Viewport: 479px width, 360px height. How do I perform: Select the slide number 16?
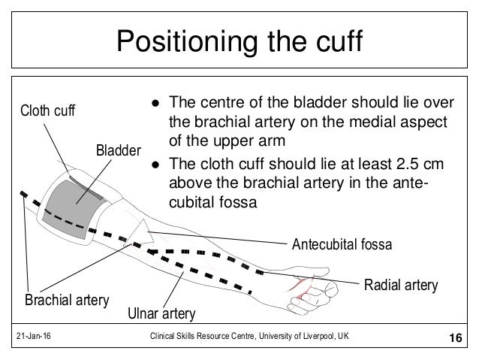point(454,340)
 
